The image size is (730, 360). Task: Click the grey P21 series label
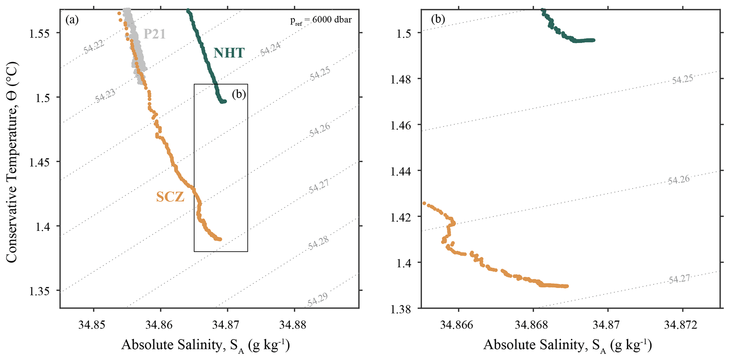coord(154,34)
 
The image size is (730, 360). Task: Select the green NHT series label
coord(229,53)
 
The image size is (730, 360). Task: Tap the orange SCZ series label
coord(170,197)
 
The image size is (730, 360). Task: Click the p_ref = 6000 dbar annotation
coord(321,20)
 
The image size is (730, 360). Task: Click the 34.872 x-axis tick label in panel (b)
coord(683,325)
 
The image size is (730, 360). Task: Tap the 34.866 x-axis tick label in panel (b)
coord(458,325)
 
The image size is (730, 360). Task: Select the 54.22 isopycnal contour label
coord(94,47)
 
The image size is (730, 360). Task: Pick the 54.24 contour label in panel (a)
coord(271,49)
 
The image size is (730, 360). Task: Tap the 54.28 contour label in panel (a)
coord(319,243)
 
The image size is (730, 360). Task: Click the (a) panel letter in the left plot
coord(72,20)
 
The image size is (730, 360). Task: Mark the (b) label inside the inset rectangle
coord(239,94)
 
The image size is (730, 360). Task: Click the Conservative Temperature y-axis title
coord(12,162)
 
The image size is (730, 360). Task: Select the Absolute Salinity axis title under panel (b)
coord(567,345)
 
